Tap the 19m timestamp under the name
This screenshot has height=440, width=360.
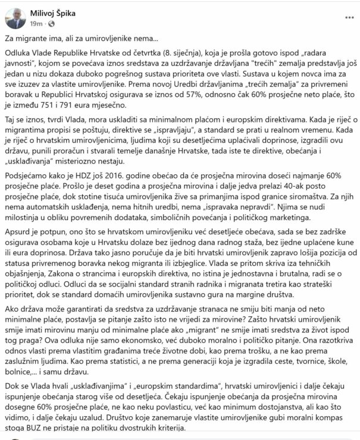pyautogui.click(x=36, y=24)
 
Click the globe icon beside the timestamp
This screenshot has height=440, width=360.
pyautogui.click(x=50, y=24)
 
